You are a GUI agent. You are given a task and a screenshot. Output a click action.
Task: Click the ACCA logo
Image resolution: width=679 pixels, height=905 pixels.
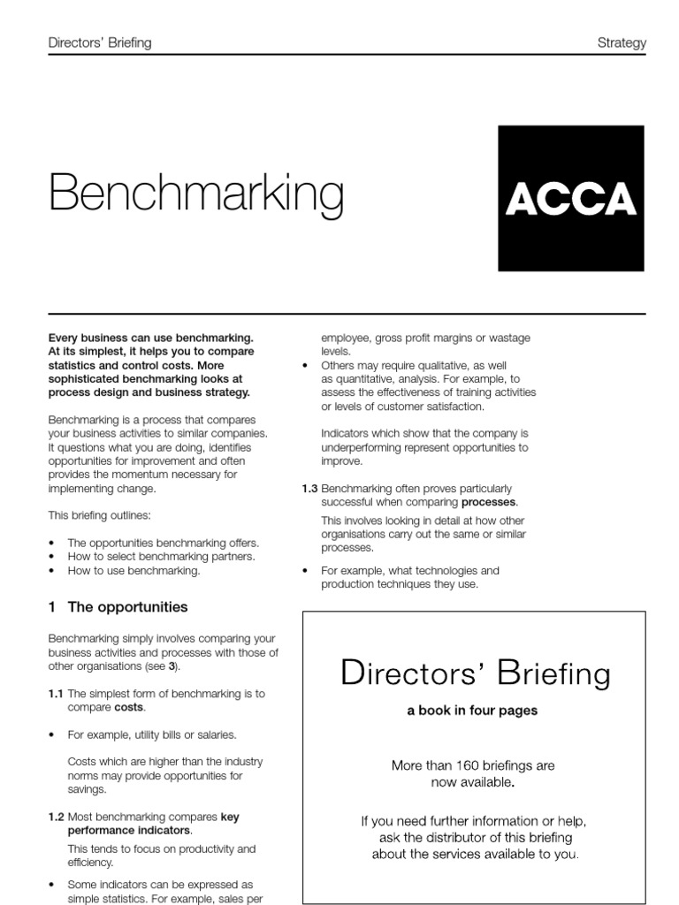(571, 198)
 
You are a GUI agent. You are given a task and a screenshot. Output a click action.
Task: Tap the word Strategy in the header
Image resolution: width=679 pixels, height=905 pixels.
(622, 43)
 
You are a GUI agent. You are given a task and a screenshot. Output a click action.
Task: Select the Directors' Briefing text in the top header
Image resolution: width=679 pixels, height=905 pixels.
(99, 43)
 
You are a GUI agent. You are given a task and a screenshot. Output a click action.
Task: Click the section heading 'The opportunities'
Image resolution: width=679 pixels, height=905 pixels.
(127, 607)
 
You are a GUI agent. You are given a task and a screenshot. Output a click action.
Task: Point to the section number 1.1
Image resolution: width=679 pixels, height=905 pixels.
(56, 694)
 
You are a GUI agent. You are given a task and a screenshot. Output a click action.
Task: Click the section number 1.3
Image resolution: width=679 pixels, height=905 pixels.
(309, 489)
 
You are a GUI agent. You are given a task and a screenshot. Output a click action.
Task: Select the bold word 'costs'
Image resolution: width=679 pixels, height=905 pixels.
(128, 708)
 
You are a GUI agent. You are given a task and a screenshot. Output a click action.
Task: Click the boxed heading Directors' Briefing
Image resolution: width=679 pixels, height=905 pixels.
(475, 674)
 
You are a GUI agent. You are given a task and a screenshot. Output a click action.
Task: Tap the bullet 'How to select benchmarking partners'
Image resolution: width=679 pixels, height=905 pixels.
(161, 556)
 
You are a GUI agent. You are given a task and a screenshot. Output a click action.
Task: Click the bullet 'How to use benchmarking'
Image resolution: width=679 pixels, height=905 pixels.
(134, 570)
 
